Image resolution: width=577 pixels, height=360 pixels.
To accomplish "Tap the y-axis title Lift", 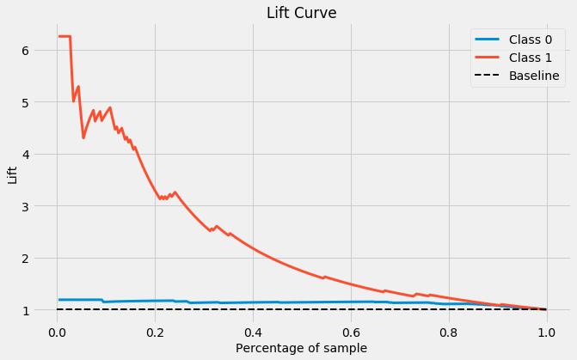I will [12, 174].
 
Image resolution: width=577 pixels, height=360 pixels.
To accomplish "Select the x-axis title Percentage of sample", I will [301, 348].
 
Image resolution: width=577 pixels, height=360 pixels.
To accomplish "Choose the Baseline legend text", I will [534, 76].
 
